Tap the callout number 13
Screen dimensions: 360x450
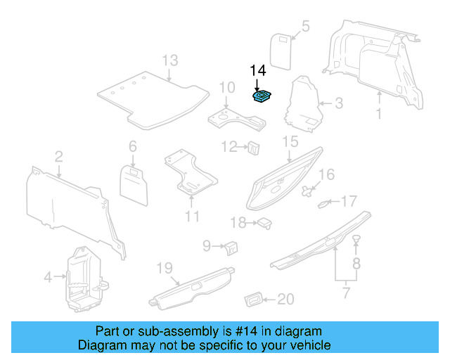coord(170,60)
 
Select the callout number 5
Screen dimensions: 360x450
coord(305,27)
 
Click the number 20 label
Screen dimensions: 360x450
coord(285,300)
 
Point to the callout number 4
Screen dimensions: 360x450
coord(48,277)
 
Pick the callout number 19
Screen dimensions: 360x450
coord(164,268)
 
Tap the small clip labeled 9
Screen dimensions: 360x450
coord(231,246)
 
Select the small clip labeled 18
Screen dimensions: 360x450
coord(264,223)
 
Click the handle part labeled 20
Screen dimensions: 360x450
coord(255,300)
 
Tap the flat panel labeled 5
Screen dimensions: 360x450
coord(283,50)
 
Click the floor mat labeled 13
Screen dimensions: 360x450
coord(151,98)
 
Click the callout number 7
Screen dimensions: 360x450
coord(345,292)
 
